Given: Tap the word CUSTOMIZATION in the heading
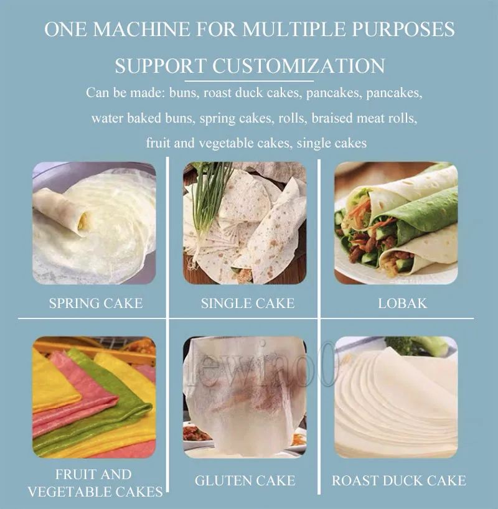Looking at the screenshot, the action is pos(299,66).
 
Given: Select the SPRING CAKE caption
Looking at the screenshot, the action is pos(96,303).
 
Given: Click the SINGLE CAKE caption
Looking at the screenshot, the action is pos(248,303).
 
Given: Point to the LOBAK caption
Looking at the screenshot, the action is pos(402,303).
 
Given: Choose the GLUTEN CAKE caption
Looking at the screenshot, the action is pos(245,480).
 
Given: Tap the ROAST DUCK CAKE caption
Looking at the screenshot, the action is pos(398,480).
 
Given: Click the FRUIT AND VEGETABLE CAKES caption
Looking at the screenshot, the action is pos(95,483).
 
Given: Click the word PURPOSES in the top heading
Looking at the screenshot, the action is pos(403,29).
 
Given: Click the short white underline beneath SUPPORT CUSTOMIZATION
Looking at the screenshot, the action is pos(249,81).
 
